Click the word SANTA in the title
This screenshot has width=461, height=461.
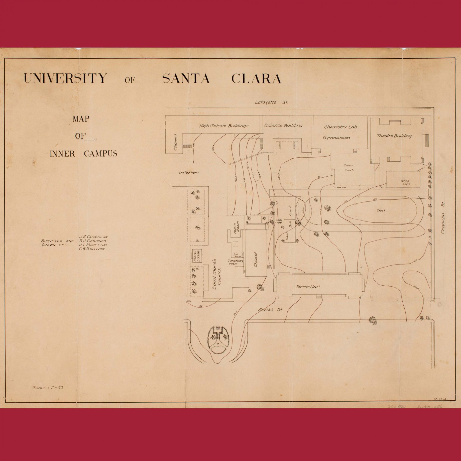tap(186, 78)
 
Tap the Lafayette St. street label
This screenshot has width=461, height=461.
tap(271, 102)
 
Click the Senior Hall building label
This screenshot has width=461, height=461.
tap(308, 287)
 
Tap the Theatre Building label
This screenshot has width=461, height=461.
tap(394, 136)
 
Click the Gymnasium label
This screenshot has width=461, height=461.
tap(336, 138)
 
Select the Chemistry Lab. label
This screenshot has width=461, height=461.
tap(341, 127)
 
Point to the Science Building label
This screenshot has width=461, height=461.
tap(283, 125)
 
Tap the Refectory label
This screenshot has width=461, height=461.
tap(188, 173)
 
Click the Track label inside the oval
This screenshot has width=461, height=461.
tap(381, 210)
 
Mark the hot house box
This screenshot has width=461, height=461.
tap(237, 255)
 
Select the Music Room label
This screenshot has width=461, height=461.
tap(237, 228)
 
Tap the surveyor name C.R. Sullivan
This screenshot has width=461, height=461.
tap(92, 249)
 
